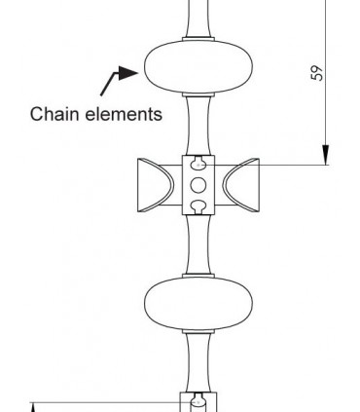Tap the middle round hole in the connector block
coord(198,184)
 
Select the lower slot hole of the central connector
coord(198,205)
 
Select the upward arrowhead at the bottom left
coord(34,407)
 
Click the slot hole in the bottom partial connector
coord(198,400)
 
